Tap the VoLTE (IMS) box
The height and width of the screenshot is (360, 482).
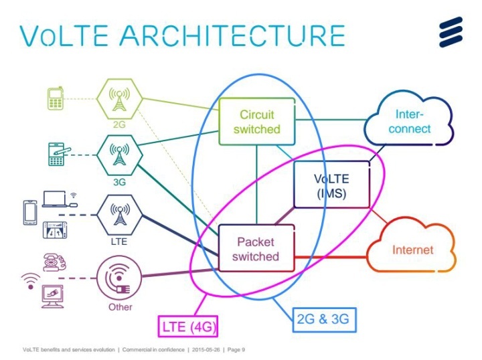pyautogui.click(x=331, y=187)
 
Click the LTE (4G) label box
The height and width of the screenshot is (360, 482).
pyautogui.click(x=188, y=327)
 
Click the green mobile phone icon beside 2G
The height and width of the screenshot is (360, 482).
pyautogui.click(x=56, y=99)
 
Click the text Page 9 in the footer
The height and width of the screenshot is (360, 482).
pyautogui.click(x=236, y=350)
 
